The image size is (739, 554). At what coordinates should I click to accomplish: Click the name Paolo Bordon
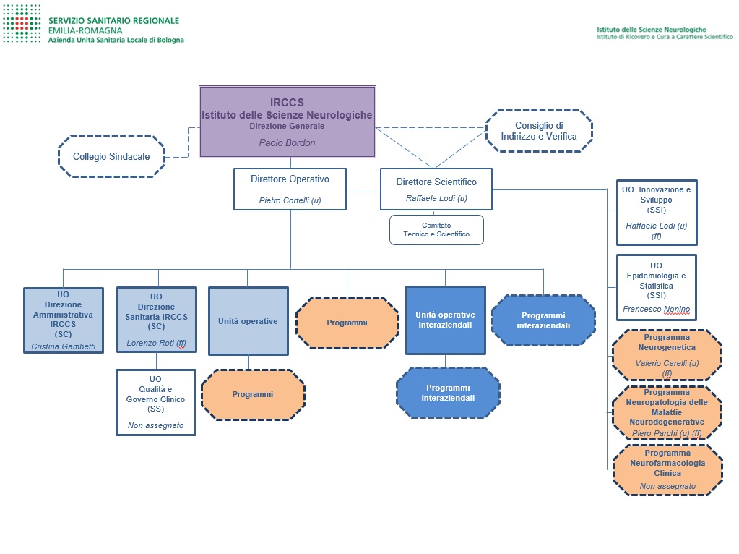tap(287, 142)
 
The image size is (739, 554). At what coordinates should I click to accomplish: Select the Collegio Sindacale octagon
tap(111, 156)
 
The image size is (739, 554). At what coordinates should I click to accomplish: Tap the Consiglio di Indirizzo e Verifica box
tap(539, 131)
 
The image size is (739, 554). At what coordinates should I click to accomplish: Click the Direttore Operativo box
tap(290, 189)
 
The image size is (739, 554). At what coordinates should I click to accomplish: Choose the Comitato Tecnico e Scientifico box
tap(436, 229)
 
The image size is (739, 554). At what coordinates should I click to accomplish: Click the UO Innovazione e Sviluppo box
tap(656, 212)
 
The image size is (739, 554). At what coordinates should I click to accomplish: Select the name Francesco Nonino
tap(656, 310)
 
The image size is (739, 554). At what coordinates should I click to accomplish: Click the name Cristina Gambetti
tap(63, 346)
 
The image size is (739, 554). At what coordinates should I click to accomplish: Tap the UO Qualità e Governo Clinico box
tap(156, 402)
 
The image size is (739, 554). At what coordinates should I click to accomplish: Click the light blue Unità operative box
tap(247, 321)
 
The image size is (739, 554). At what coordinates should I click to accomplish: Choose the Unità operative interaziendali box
tap(445, 320)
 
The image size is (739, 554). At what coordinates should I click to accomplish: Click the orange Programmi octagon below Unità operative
tap(252, 394)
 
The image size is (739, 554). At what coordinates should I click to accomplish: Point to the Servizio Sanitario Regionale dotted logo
tap(21, 29)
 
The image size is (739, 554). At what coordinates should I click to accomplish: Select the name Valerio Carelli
tap(661, 363)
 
